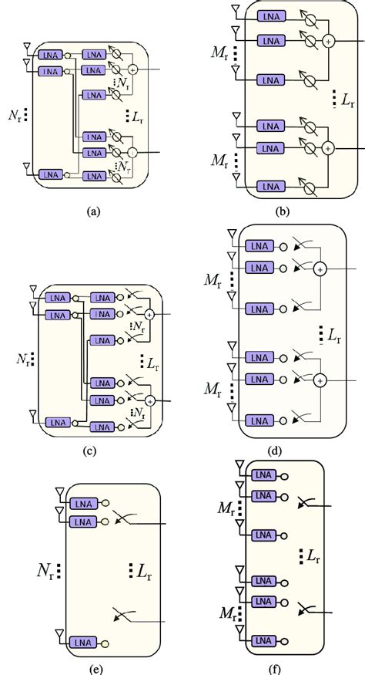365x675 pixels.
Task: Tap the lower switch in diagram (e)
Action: [122, 615]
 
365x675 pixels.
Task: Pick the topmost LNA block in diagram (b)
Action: [267, 17]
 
